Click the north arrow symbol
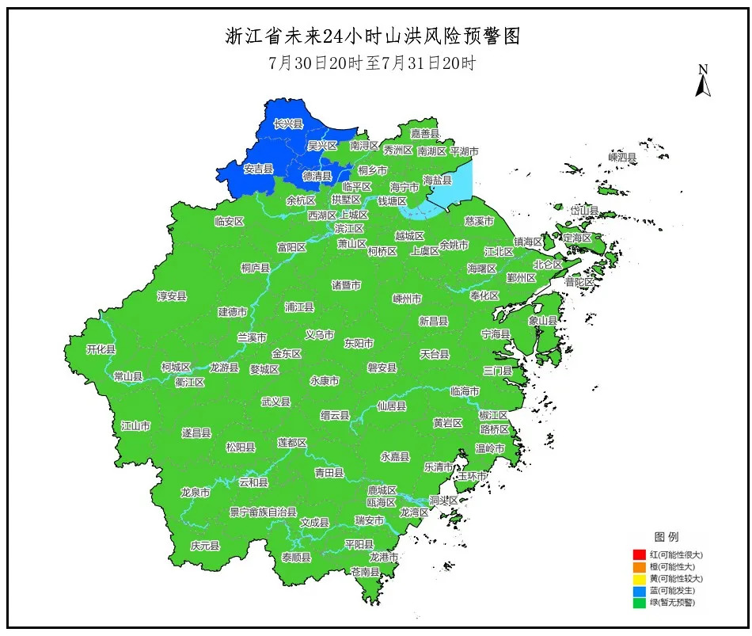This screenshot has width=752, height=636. (x=702, y=82)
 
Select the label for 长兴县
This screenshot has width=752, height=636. (x=288, y=124)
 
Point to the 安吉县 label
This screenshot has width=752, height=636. (x=258, y=169)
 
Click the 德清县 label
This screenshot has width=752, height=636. (x=317, y=176)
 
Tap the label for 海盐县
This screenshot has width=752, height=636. (x=437, y=180)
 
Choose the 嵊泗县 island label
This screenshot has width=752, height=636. (x=622, y=158)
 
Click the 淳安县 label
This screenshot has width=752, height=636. (x=172, y=295)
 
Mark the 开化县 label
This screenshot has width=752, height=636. (x=101, y=349)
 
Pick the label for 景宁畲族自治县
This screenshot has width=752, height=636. (x=263, y=512)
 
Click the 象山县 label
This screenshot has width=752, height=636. (x=543, y=321)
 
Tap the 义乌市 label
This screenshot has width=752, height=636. (x=319, y=335)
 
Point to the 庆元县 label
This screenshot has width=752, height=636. (x=205, y=546)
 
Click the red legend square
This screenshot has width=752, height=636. (x=639, y=554)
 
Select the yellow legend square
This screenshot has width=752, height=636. (x=639, y=578)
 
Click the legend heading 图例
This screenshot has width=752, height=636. (x=666, y=537)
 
